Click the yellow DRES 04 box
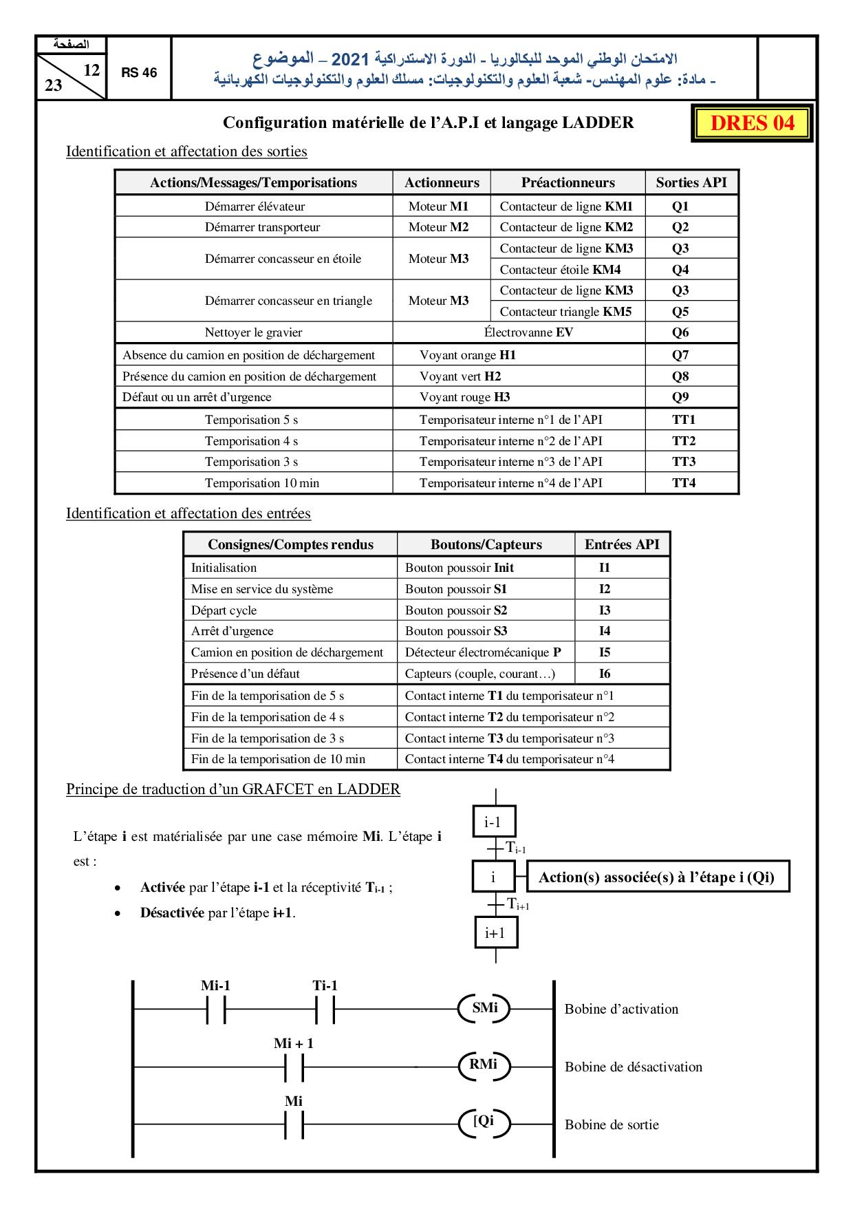(x=752, y=123)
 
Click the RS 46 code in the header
(x=139, y=72)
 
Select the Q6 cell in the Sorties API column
(x=680, y=332)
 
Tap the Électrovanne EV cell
(x=528, y=332)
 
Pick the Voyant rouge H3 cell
(x=465, y=397)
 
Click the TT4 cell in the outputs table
(x=684, y=483)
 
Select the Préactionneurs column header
(x=568, y=182)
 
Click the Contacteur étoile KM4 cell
(x=560, y=270)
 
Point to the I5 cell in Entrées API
(x=605, y=652)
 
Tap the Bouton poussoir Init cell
(x=460, y=568)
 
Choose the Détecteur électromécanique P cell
(x=483, y=652)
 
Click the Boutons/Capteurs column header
(x=486, y=544)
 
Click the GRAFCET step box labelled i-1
(x=494, y=822)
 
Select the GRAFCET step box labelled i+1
(x=495, y=932)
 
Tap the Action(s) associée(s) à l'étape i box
(x=656, y=877)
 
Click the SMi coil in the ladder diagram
(x=485, y=1009)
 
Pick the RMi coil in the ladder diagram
(x=484, y=1066)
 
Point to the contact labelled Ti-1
(x=325, y=1010)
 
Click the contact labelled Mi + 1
(x=294, y=1067)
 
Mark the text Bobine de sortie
(x=612, y=1124)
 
